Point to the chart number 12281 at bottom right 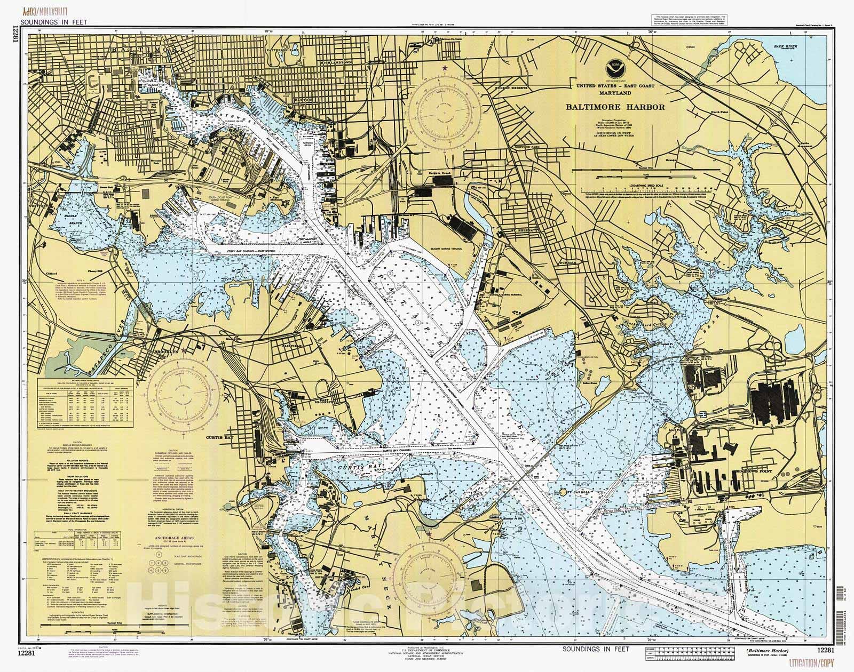click(x=825, y=650)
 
